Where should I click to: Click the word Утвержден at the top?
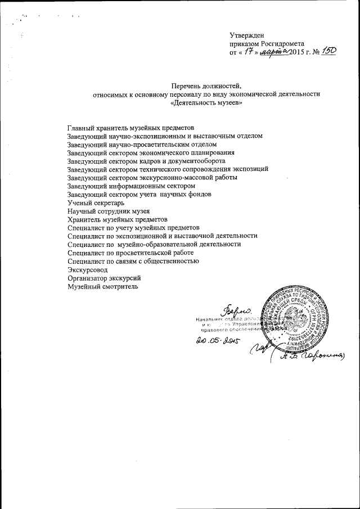(248, 35)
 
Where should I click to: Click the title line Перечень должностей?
(205, 86)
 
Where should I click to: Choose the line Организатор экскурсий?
(103, 278)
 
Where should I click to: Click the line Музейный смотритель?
(102, 287)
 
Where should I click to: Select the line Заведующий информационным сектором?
(130, 186)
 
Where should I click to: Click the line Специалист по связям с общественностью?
(133, 262)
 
